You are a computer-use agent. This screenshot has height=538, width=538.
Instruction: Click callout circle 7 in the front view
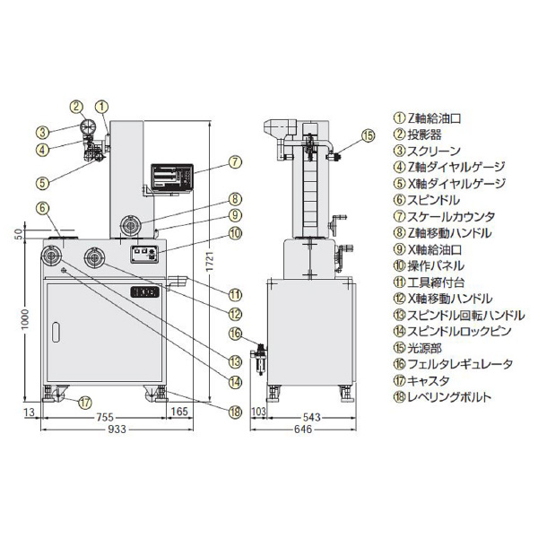coord(234,162)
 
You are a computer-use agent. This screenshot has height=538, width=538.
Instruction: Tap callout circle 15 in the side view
coord(368,135)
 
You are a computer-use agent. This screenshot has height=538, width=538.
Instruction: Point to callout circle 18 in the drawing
coord(235,412)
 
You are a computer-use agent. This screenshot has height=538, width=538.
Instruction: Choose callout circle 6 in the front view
coord(42,208)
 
